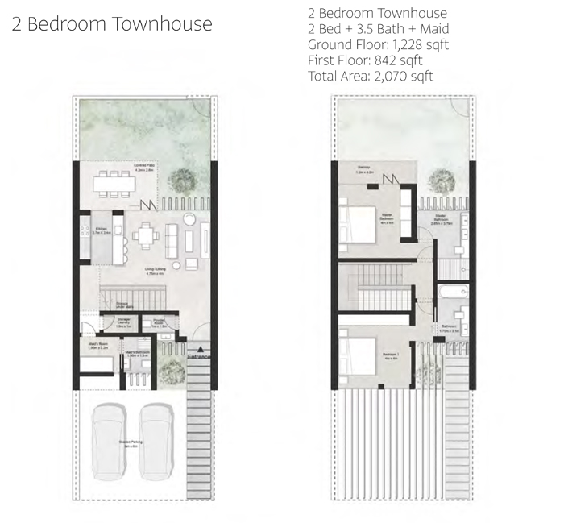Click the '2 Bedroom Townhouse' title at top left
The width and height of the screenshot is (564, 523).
coord(112,24)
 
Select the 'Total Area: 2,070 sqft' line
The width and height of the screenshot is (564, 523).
coord(371,77)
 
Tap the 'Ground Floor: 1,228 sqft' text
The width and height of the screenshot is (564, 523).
coord(378,45)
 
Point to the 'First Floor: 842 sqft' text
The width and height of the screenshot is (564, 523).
coord(365,60)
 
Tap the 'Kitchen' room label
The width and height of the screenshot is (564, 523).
coord(100,229)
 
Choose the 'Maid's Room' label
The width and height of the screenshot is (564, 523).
coord(97,345)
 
